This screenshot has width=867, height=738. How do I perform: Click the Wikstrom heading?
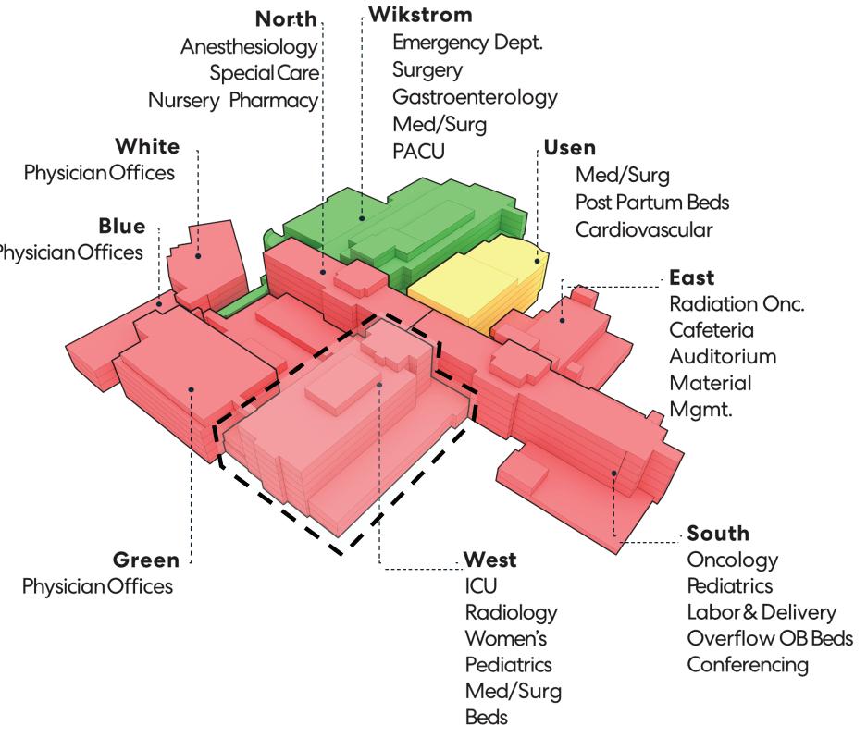tap(420, 16)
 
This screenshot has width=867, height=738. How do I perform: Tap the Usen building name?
tap(569, 148)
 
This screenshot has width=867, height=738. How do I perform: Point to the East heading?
tap(689, 277)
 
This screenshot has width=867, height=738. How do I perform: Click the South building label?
tap(718, 534)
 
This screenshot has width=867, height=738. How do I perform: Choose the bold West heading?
tap(489, 560)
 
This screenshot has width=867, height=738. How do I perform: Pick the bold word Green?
tap(145, 560)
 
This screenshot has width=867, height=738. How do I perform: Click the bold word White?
tap(147, 147)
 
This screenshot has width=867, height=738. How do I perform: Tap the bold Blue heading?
tap(122, 227)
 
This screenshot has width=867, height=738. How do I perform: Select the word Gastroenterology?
tap(475, 96)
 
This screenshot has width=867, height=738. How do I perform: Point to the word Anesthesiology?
tap(249, 47)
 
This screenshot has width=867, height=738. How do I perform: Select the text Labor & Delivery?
tap(762, 612)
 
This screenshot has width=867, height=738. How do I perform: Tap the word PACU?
tap(418, 150)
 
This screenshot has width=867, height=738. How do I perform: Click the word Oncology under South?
tap(732, 560)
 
